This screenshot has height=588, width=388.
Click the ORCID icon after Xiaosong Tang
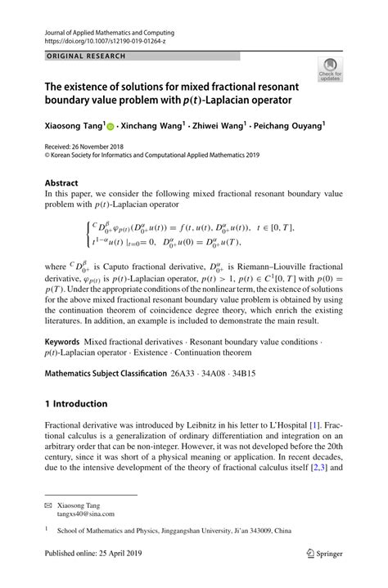(112, 128)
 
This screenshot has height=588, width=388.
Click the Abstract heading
(61, 183)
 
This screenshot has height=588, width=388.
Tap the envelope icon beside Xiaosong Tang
(48, 505)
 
